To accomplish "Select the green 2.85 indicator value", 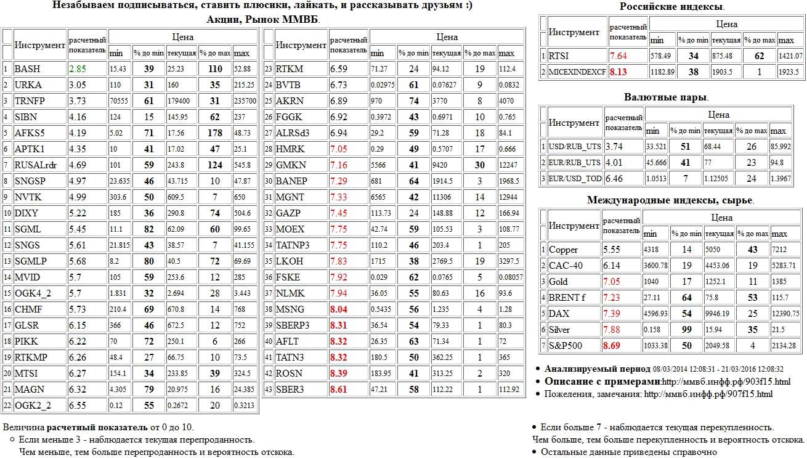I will [x=78, y=68].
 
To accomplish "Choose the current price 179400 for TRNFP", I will [x=179, y=100].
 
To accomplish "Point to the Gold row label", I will [x=559, y=282].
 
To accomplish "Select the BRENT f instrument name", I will [x=567, y=298].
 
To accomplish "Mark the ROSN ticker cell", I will [x=289, y=374].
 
